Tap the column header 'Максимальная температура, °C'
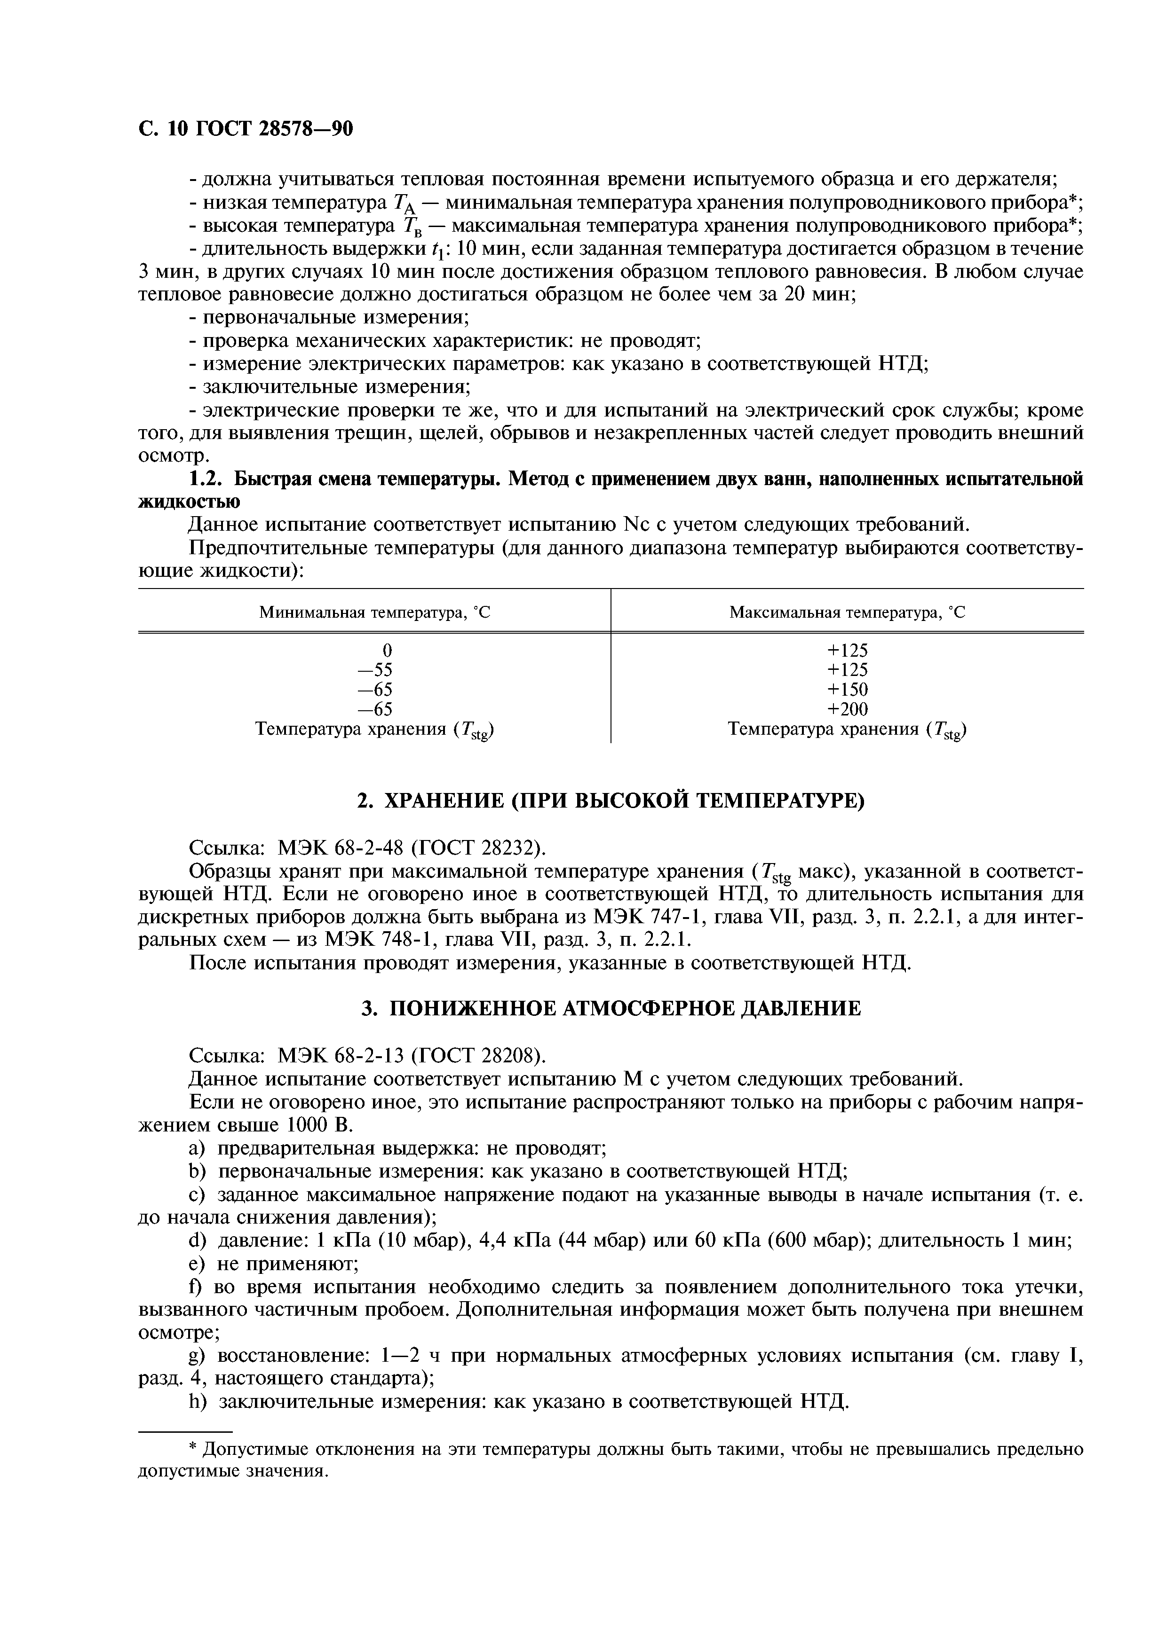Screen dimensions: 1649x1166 (x=847, y=612)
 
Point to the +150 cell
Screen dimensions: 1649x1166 (x=847, y=690)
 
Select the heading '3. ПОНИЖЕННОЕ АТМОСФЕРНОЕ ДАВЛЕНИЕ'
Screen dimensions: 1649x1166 (x=611, y=1009)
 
